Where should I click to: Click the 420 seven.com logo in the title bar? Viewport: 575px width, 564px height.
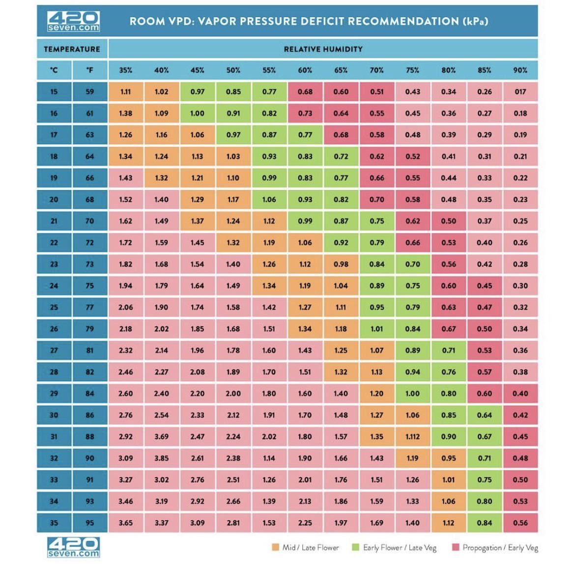tap(73, 21)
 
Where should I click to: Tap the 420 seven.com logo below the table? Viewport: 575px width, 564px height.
tap(73, 547)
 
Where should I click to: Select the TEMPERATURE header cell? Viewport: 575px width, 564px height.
tap(72, 49)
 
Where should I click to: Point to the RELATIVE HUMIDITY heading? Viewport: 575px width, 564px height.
tap(323, 49)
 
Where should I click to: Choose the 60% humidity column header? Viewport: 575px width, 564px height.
tap(305, 70)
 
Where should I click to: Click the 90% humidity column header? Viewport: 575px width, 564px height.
tap(520, 70)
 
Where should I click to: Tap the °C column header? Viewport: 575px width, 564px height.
tap(54, 70)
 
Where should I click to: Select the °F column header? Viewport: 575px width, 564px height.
tap(89, 70)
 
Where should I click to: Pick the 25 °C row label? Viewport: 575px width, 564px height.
tap(54, 307)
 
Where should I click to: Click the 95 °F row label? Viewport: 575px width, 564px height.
tap(89, 523)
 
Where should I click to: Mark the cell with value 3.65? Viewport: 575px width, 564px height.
tap(125, 523)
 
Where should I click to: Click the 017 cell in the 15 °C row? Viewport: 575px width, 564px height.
tap(520, 92)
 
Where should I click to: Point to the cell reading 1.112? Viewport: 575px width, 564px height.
tap(412, 436)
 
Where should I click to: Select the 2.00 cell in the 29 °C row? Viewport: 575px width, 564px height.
tap(233, 393)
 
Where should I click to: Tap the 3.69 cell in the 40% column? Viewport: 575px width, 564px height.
tap(161, 436)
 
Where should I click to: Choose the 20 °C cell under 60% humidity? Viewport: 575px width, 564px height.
tap(305, 199)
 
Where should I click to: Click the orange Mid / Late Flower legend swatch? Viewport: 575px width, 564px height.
tap(275, 547)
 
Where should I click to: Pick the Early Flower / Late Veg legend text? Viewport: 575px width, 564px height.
tap(400, 547)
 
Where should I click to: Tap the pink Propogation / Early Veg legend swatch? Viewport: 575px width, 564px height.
tap(456, 547)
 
